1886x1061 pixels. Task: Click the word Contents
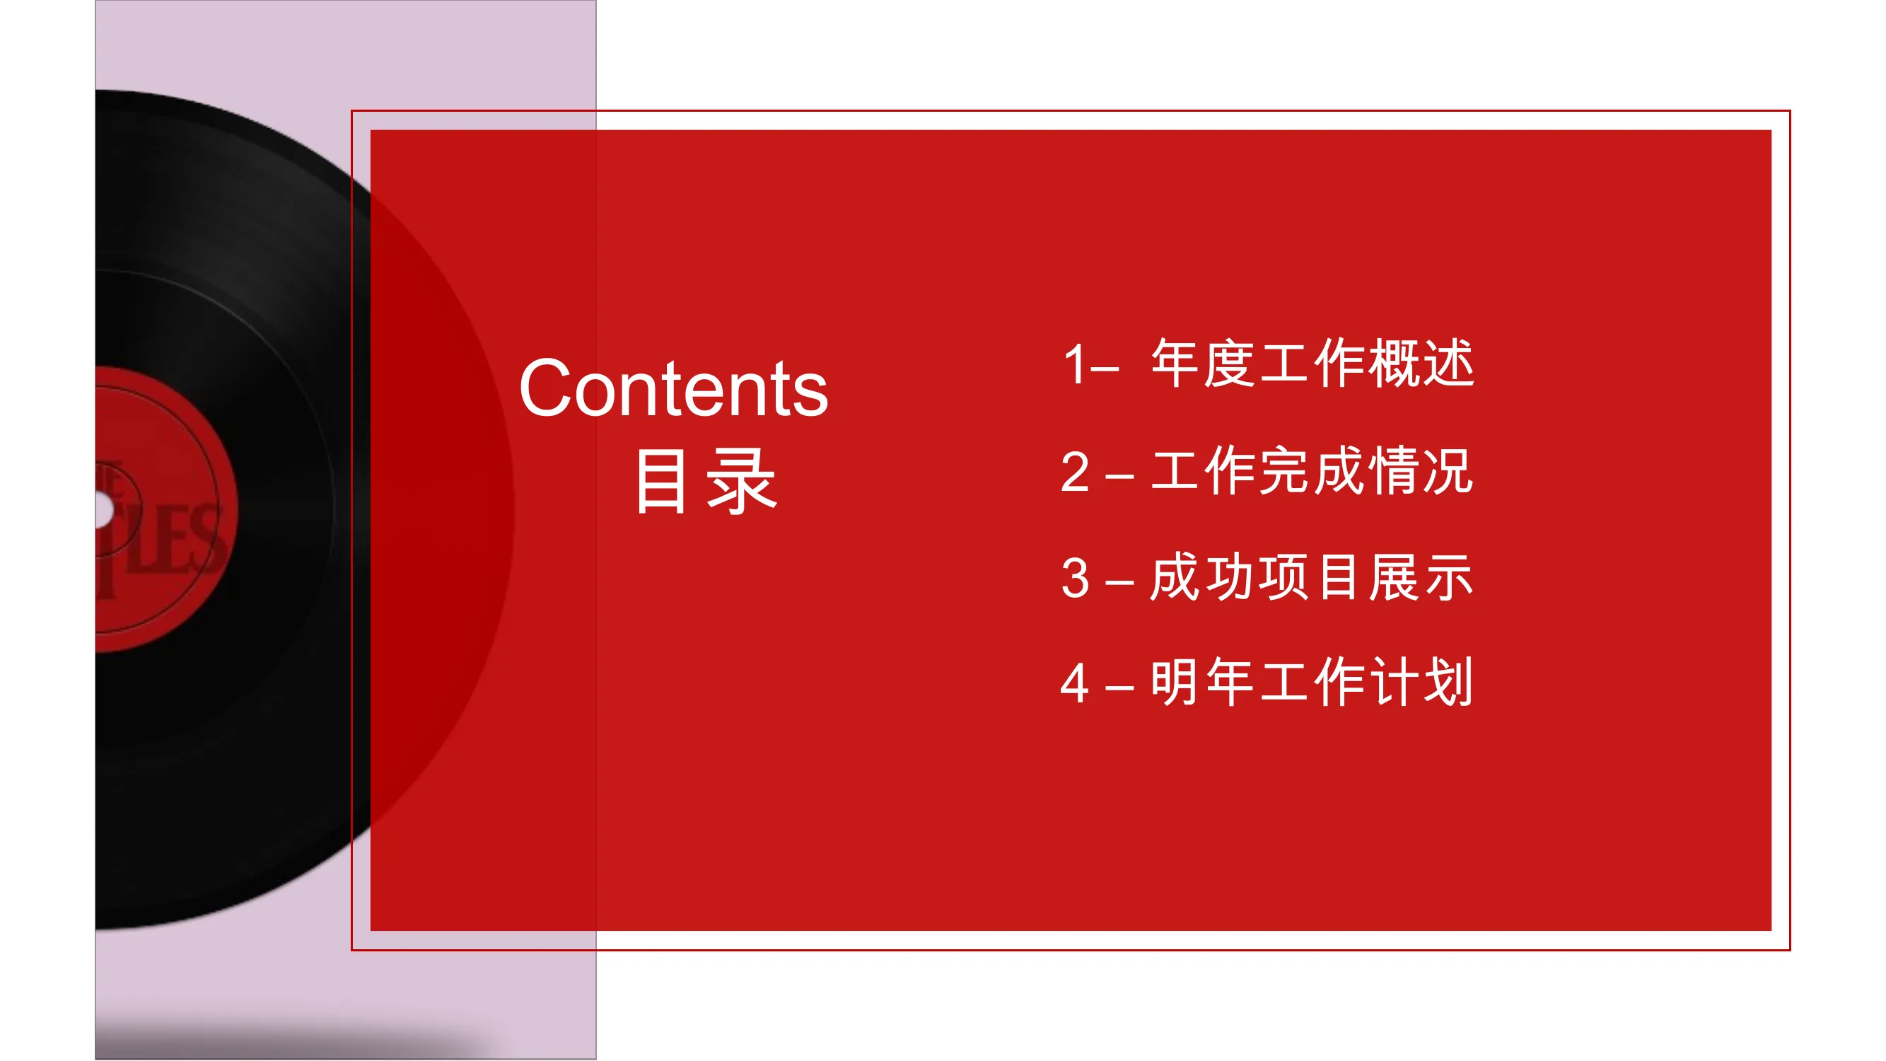pos(673,388)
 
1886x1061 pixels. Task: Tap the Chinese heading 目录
pos(705,481)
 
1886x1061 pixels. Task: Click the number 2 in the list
pos(1075,472)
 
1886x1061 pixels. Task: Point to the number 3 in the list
pos(1075,578)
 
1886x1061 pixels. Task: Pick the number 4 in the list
pos(1075,683)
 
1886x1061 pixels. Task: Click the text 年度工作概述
pos(1312,363)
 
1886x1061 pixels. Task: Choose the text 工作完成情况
pos(1312,471)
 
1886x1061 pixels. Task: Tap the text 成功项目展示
pos(1312,578)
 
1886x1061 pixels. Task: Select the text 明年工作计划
pos(1312,683)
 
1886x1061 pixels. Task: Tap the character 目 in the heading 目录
pos(661,481)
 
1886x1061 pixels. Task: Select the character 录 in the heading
pos(741,481)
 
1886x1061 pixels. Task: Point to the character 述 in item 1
pos(1448,363)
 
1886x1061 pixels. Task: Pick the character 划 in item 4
pos(1448,683)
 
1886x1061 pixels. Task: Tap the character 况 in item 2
pos(1448,471)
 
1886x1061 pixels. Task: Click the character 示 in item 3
pos(1448,578)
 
